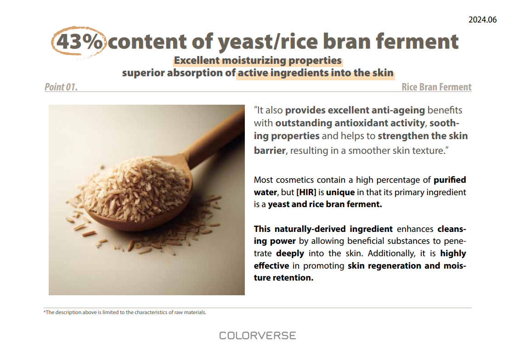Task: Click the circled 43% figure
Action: click(79, 42)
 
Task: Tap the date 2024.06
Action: click(482, 20)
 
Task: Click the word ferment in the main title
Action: click(417, 41)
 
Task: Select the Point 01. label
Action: click(61, 87)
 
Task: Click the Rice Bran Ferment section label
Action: click(436, 87)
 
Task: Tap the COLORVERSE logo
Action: click(257, 335)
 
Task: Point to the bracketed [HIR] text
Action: click(306, 192)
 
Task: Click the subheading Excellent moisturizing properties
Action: click(258, 61)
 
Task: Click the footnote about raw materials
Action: click(125, 312)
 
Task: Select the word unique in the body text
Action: click(340, 192)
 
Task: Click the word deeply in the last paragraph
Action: click(290, 253)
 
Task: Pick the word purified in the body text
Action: click(450, 180)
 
